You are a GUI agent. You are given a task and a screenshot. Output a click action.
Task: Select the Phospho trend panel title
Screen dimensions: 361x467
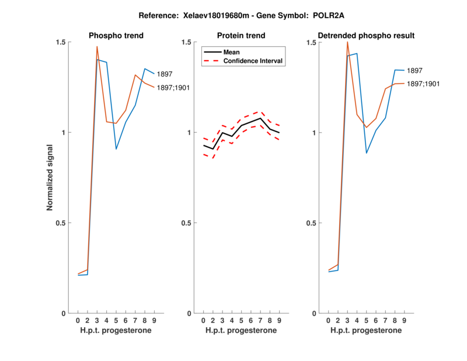(x=116, y=36)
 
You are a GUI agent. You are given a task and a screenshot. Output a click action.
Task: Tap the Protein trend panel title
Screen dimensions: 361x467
(x=241, y=36)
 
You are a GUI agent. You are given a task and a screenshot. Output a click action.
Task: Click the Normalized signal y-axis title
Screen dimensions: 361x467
(x=50, y=178)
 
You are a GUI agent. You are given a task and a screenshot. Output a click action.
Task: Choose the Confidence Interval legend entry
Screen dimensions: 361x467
(x=253, y=61)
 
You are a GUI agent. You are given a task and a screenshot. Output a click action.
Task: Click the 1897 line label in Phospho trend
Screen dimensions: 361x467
(x=165, y=74)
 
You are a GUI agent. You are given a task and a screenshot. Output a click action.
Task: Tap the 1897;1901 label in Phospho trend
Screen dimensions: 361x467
(x=173, y=88)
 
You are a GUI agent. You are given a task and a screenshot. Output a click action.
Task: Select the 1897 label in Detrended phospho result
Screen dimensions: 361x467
(x=415, y=71)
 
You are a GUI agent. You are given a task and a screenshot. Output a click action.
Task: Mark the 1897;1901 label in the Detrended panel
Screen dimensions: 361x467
(x=423, y=84)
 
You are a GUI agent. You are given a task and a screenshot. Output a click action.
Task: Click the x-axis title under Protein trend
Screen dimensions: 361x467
(x=241, y=331)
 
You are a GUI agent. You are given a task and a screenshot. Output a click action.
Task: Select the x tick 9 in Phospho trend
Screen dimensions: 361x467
(x=154, y=321)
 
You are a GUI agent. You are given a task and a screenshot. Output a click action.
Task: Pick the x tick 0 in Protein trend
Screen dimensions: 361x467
(x=203, y=321)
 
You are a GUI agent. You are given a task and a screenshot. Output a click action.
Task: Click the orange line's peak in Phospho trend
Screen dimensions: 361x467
(x=97, y=46)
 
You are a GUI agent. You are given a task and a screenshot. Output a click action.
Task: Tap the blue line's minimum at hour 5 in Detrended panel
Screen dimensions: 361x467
(x=367, y=153)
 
